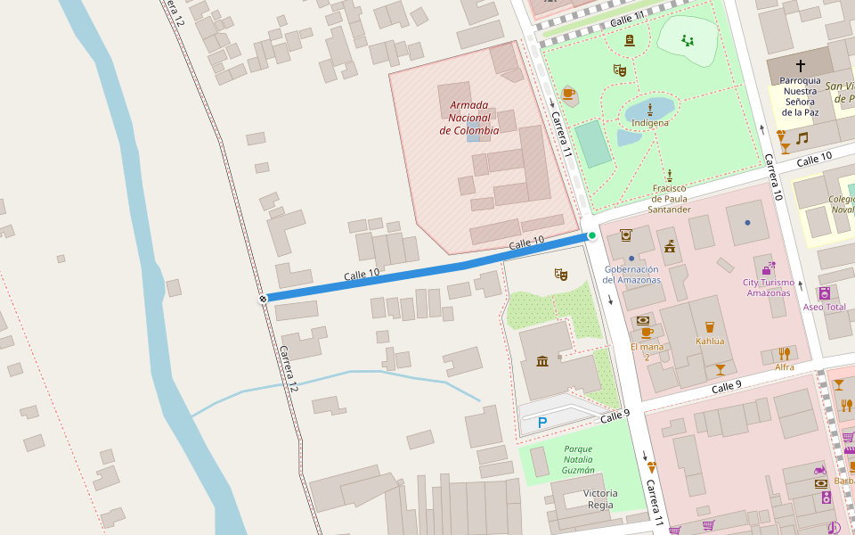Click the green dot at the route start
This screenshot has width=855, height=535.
(591, 235)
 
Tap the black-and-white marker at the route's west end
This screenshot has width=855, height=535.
(263, 299)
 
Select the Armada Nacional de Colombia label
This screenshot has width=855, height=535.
(469, 118)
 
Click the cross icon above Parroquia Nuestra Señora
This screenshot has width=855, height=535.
(800, 65)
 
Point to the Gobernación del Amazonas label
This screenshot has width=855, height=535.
(631, 274)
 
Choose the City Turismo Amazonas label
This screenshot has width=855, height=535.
(767, 287)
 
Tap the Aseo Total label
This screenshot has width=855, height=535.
(824, 307)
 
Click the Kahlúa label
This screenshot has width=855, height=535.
(709, 341)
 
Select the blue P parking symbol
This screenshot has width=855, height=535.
(541, 423)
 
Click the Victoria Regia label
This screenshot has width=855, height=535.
(599, 498)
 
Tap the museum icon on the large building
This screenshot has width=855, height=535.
(542, 361)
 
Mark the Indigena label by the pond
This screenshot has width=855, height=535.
(649, 122)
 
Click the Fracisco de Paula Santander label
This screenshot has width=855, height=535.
(669, 199)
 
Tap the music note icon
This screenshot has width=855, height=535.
(802, 137)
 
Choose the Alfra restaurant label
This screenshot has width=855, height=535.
(784, 366)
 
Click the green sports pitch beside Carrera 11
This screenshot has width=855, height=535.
(592, 144)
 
